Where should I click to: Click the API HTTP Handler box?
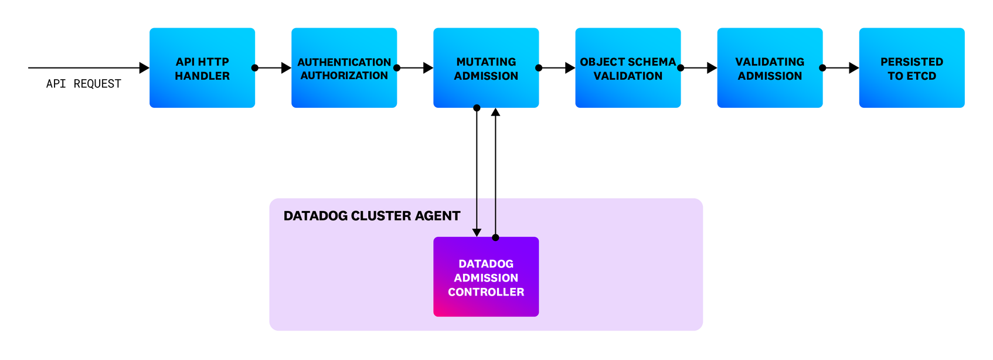[202, 68]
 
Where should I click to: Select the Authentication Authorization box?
[344, 68]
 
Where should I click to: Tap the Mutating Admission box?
[486, 68]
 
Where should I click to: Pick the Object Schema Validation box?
[628, 68]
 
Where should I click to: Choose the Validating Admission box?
[770, 68]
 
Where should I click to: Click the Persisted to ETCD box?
[912, 68]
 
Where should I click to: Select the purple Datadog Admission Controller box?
[486, 277]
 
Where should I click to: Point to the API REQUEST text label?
[84, 84]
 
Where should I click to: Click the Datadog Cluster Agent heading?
[372, 216]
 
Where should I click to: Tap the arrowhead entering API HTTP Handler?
[144, 68]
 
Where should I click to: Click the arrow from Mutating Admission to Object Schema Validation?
[557, 68]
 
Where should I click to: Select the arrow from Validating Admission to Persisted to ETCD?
[841, 68]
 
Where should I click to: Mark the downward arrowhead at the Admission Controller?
[477, 232]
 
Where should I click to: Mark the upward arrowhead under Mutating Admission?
[495, 112]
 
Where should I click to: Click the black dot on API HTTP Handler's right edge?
[255, 68]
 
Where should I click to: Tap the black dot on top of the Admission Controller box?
[495, 237]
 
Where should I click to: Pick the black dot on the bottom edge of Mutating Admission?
[477, 108]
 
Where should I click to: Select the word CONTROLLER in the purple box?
[486, 292]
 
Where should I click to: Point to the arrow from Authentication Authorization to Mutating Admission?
[415, 68]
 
